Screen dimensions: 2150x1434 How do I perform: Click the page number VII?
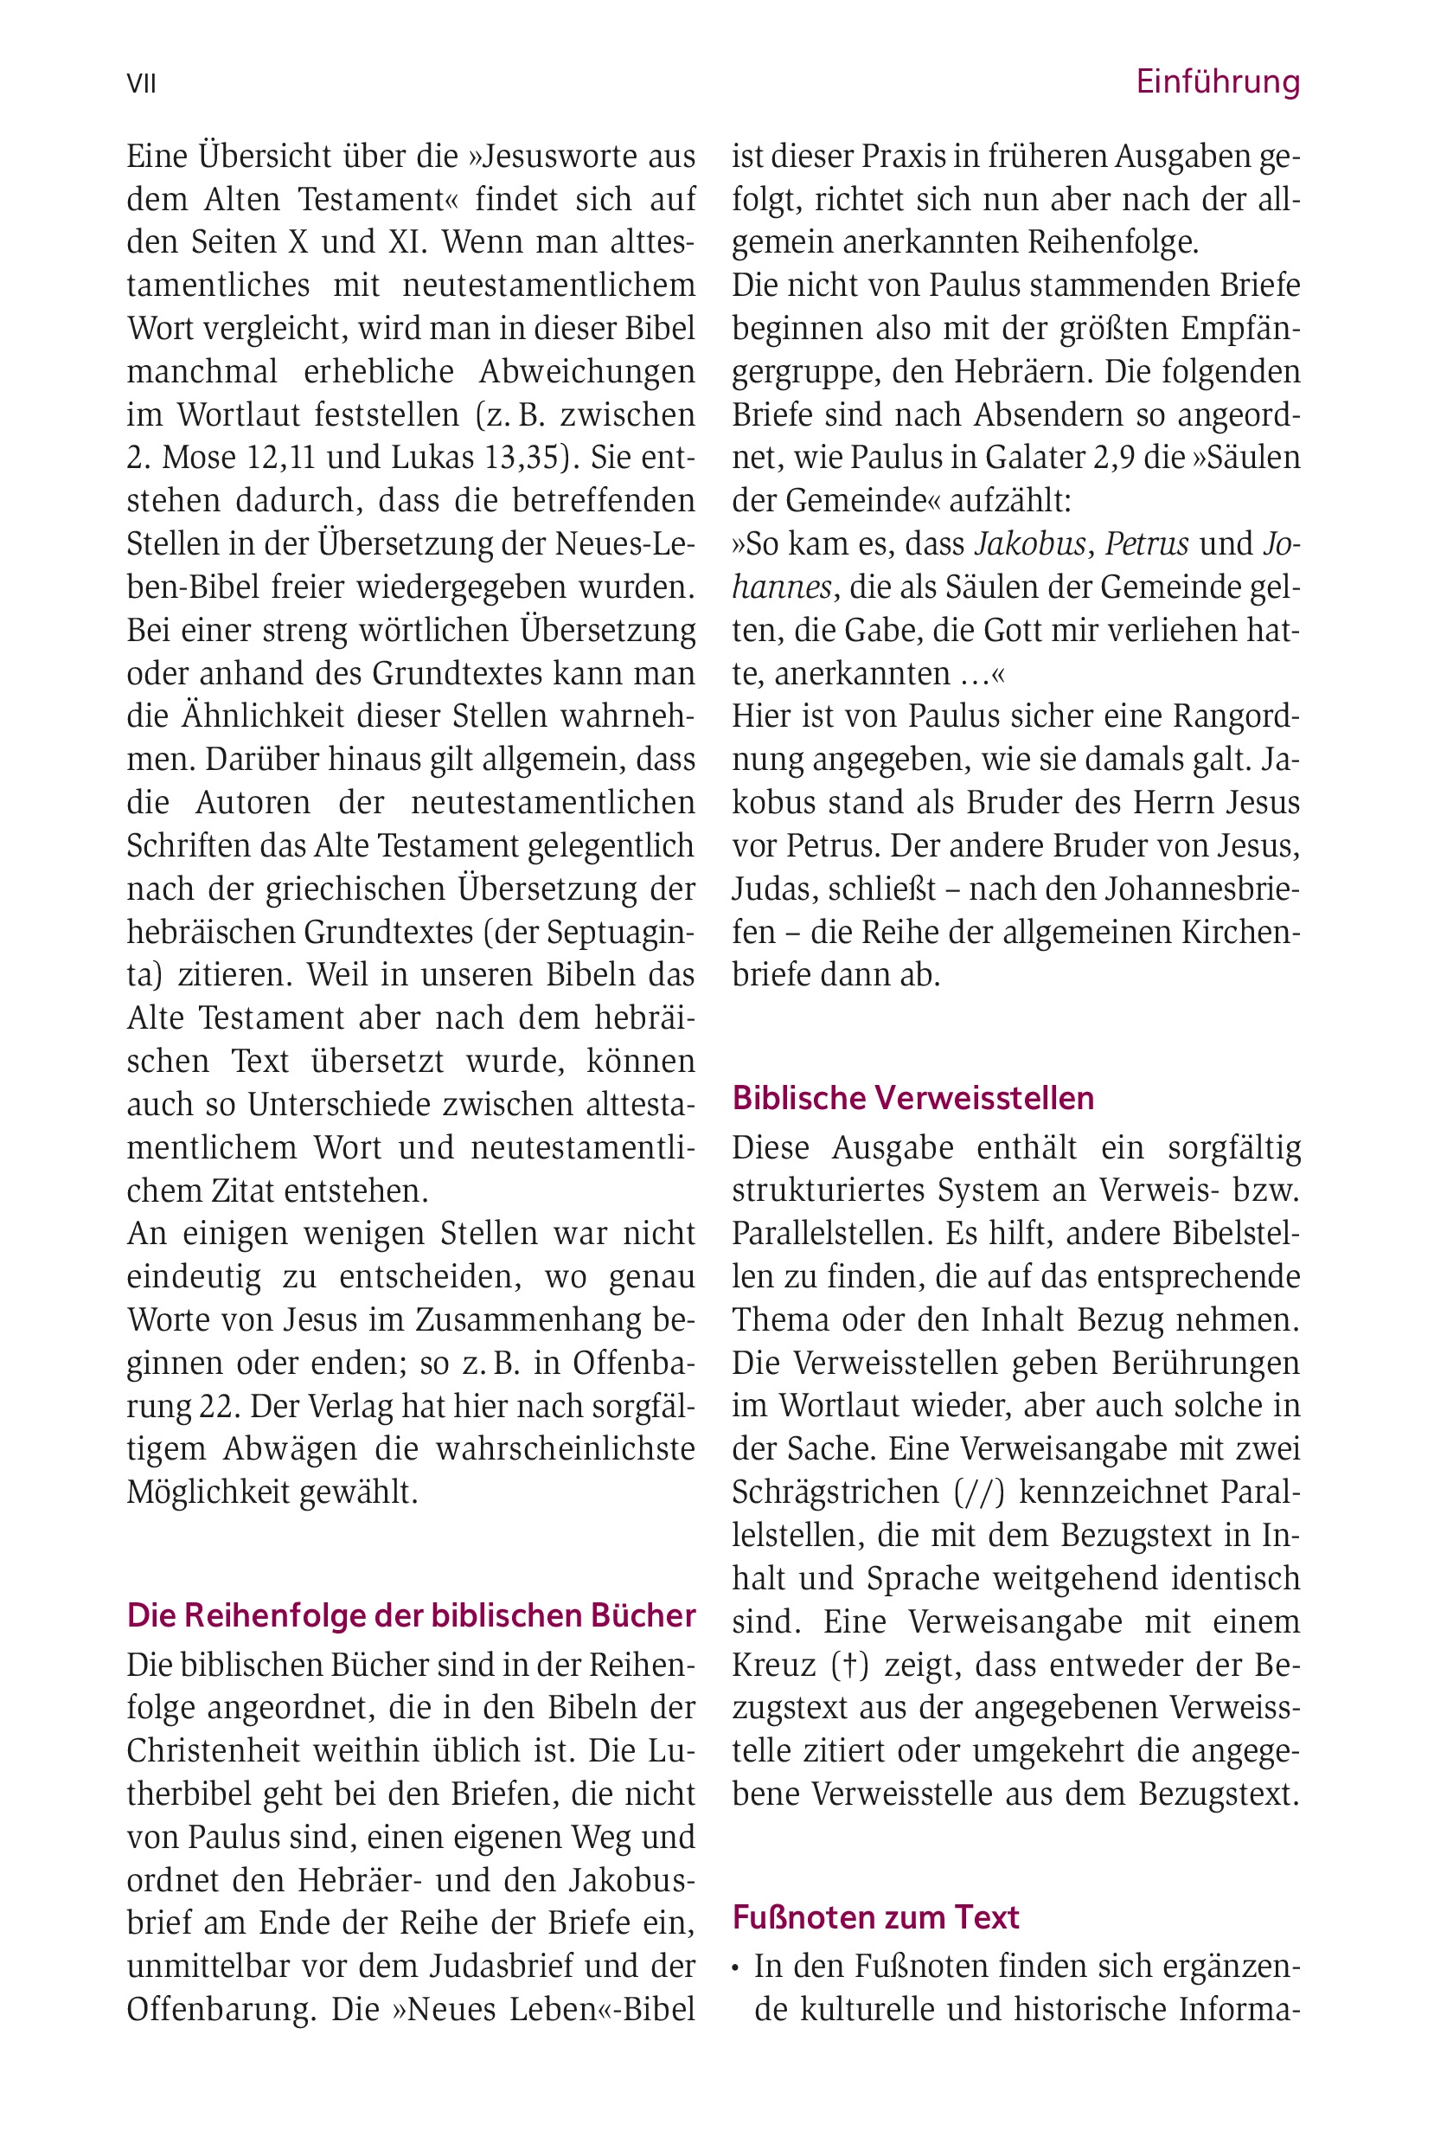pos(142,84)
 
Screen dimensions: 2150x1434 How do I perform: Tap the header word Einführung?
pos(1217,82)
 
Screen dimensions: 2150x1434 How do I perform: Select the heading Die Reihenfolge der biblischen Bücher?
pos(412,1615)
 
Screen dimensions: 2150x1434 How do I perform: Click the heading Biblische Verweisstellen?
pos(912,1098)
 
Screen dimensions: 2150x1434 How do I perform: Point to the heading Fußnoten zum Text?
pos(875,1916)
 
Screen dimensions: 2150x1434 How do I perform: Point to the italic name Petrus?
pos(1147,544)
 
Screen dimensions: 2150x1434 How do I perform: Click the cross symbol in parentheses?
pos(851,1665)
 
